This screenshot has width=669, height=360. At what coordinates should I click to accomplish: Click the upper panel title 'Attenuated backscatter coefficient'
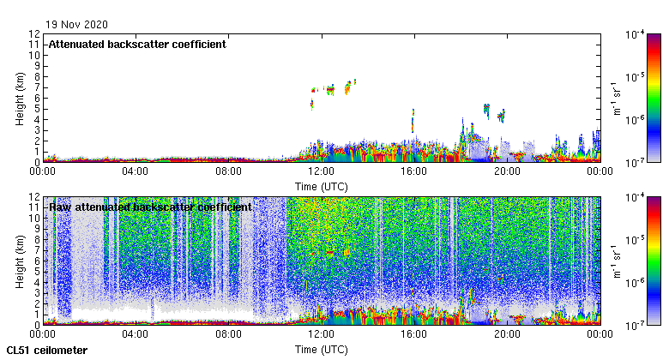[137, 45]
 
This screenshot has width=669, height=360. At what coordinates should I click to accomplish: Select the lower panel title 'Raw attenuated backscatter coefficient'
[150, 207]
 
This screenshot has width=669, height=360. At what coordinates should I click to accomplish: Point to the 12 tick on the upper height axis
[34, 34]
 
